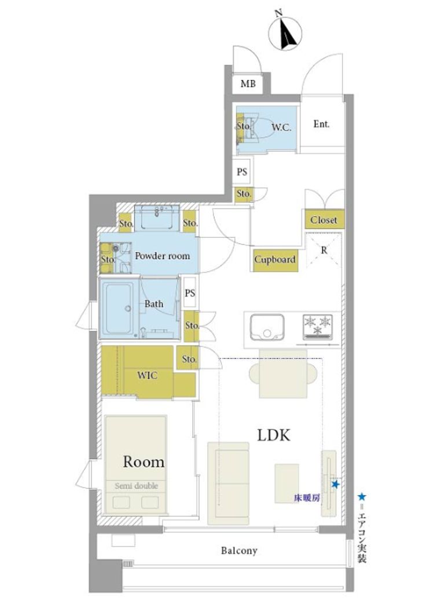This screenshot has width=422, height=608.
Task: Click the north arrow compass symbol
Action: [285, 33]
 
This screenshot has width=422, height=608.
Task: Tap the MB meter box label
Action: [248, 83]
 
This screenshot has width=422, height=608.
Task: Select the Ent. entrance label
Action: [321, 124]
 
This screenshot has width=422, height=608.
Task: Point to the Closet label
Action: [324, 220]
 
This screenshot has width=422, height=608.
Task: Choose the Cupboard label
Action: [275, 259]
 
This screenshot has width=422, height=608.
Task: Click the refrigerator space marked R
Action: [324, 250]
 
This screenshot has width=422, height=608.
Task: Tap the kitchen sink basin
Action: [267, 327]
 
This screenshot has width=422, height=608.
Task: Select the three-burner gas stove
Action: [318, 327]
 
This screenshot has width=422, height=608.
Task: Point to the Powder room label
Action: [162, 256]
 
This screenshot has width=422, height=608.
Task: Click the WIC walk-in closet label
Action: [147, 375]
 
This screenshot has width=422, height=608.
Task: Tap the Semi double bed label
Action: [137, 486]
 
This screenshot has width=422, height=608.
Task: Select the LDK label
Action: [274, 435]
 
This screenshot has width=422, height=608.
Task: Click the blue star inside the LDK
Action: [336, 484]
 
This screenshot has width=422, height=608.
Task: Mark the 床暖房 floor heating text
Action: [307, 498]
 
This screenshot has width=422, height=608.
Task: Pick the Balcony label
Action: [239, 551]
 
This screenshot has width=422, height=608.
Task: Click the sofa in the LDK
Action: [228, 484]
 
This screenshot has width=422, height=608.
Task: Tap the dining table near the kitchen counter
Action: [283, 374]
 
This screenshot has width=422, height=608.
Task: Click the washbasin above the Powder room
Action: [157, 218]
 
